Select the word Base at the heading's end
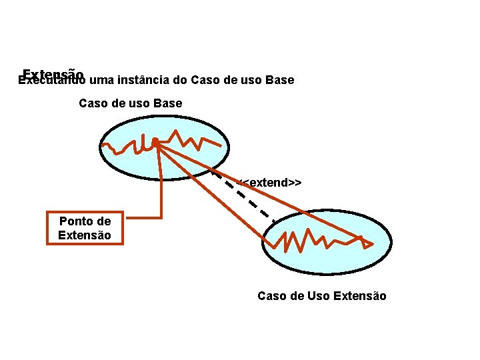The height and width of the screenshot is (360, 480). pyautogui.click(x=279, y=81)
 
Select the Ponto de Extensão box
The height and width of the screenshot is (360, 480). pyautogui.click(x=85, y=228)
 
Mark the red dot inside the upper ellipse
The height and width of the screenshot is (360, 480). pyautogui.click(x=154, y=141)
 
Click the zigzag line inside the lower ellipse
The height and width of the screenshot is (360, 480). pyautogui.click(x=313, y=239)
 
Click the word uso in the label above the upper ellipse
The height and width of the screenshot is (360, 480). pyautogui.click(x=137, y=103)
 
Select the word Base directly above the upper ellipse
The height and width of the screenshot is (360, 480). pyautogui.click(x=167, y=103)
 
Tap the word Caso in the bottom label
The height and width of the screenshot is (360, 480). pyautogui.click(x=271, y=296)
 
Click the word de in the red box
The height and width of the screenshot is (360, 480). pyautogui.click(x=103, y=221)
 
